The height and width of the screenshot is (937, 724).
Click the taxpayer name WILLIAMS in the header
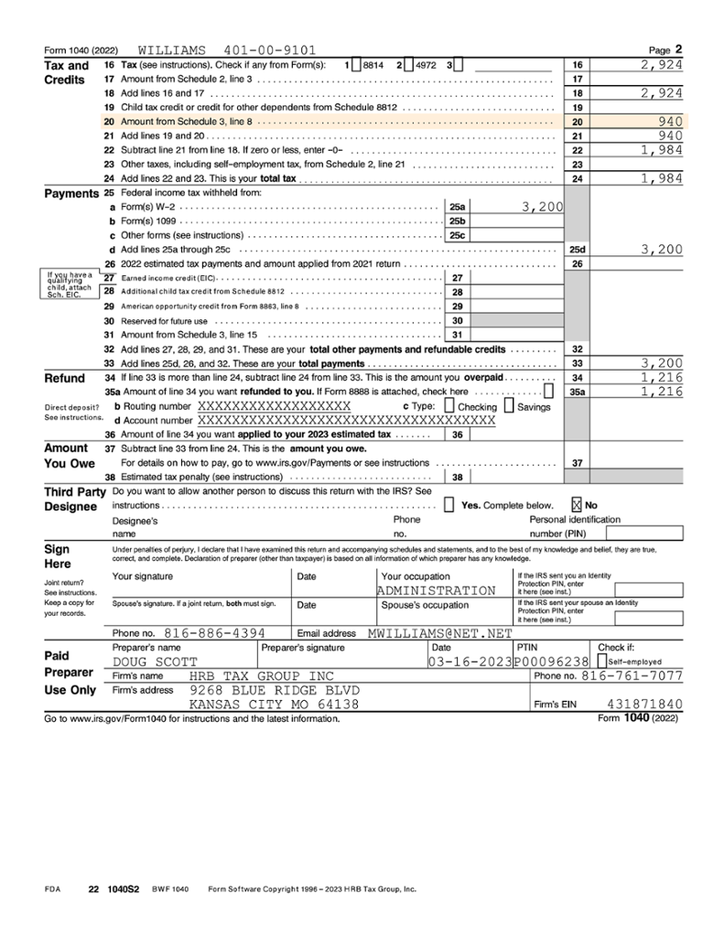coord(172,50)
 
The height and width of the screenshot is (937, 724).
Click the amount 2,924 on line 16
coord(661,65)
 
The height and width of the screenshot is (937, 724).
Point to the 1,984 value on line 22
coord(661,150)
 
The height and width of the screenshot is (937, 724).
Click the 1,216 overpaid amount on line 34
coord(661,377)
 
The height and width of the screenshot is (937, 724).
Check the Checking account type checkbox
coord(449,406)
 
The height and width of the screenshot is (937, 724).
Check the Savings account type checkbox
coord(510,406)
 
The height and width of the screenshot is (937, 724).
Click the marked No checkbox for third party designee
coord(577,504)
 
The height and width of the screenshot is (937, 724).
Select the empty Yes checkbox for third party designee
coord(448,504)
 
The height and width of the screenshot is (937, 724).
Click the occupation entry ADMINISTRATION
coord(436,591)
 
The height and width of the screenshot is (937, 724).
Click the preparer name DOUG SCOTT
coord(150,662)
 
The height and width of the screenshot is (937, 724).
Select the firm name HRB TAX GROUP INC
coord(262,676)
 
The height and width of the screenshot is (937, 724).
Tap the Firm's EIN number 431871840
coord(644,705)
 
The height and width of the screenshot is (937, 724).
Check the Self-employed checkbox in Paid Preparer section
coord(601,661)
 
